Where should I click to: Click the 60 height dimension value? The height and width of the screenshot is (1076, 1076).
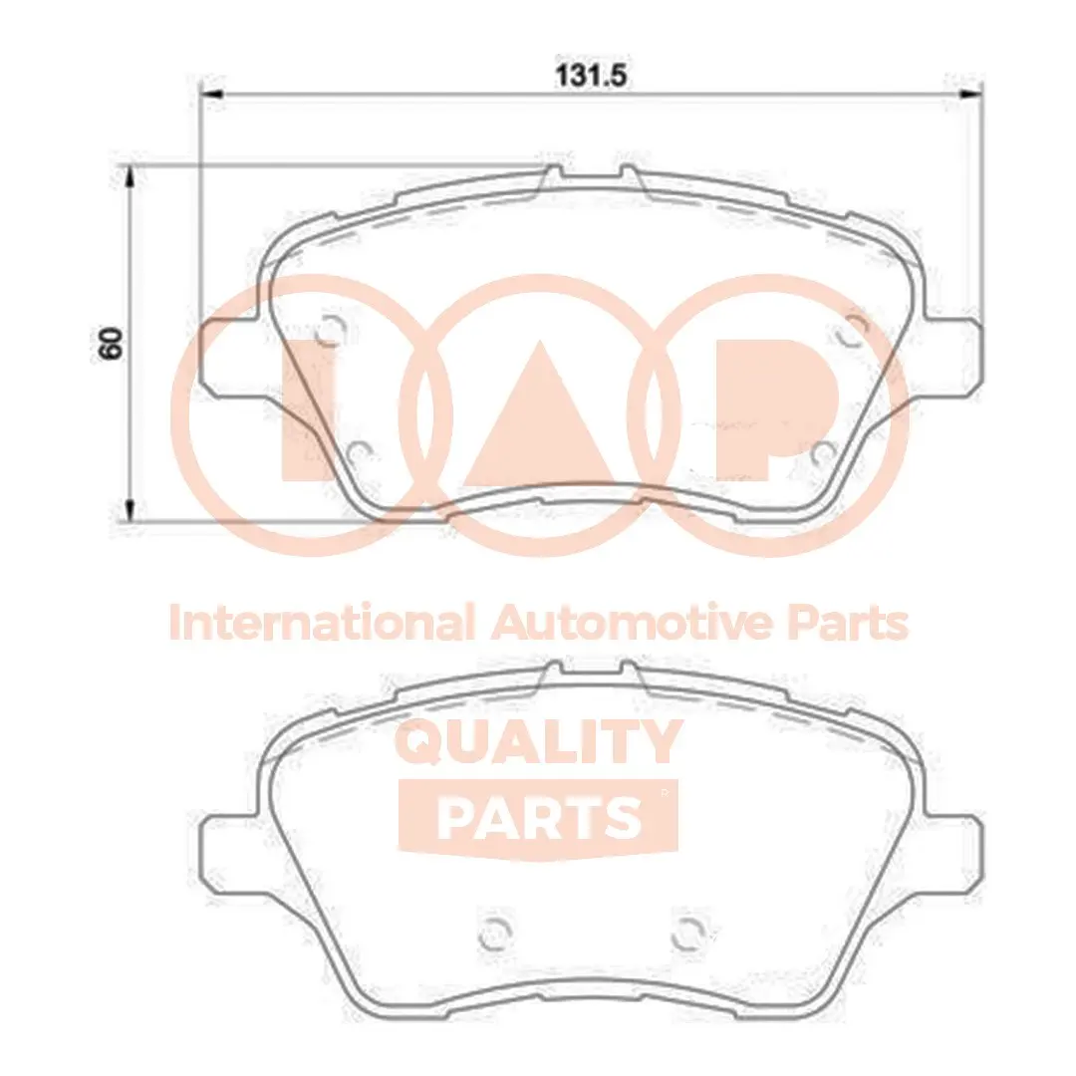112,343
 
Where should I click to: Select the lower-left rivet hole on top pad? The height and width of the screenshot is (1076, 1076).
362,454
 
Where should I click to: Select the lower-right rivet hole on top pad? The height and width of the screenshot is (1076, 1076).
822,454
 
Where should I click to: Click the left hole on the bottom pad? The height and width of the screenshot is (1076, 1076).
495,933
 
